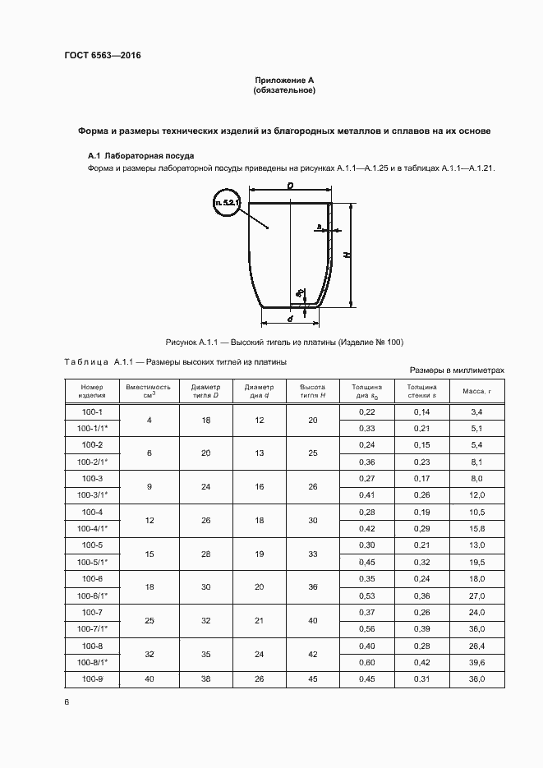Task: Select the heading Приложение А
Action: [284, 80]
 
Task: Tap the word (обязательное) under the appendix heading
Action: [284, 90]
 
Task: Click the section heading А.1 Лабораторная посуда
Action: [140, 155]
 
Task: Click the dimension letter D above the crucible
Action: [291, 187]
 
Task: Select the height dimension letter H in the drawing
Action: [348, 255]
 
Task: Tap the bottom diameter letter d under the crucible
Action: [291, 319]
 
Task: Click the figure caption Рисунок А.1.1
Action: [284, 342]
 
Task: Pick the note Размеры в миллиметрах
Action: [456, 370]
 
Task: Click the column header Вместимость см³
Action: [149, 390]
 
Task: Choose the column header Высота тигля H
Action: [313, 390]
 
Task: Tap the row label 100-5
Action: [92, 545]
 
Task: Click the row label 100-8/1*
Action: [92, 661]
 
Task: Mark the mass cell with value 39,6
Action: [476, 661]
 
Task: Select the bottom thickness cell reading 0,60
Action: [367, 661]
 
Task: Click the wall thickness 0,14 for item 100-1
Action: [421, 411]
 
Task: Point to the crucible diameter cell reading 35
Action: [206, 653]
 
